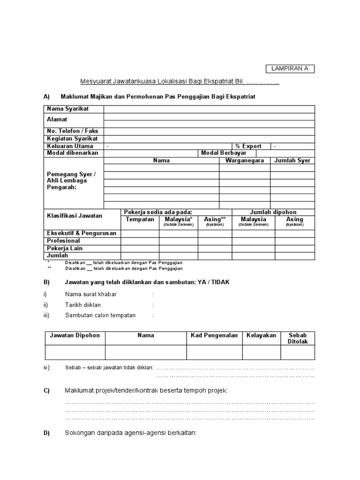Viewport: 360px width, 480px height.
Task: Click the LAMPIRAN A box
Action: [x=290, y=69]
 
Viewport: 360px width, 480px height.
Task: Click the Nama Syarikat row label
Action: [x=67, y=109]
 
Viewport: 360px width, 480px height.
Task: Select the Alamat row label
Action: [x=57, y=120]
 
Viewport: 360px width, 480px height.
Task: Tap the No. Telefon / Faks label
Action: [x=72, y=131]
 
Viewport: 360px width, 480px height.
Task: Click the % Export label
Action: [x=248, y=146]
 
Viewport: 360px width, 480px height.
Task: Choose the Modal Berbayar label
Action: [x=224, y=153]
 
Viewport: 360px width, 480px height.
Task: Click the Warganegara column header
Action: [x=244, y=160]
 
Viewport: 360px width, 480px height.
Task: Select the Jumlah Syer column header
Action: [x=292, y=160]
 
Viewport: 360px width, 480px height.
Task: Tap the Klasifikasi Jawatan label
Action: [x=75, y=216]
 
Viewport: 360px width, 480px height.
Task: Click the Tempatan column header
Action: [x=140, y=219]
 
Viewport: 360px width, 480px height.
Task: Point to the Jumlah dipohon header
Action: [x=273, y=212]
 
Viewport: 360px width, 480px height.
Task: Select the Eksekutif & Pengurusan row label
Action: [x=81, y=233]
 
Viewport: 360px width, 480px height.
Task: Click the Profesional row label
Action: [x=63, y=240]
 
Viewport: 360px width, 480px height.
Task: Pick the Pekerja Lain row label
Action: [x=64, y=248]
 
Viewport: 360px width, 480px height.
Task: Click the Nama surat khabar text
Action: [x=90, y=294]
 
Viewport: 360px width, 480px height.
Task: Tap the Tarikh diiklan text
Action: [x=83, y=305]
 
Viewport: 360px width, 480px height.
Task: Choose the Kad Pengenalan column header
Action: [x=214, y=336]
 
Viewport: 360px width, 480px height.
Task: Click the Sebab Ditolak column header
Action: [x=297, y=338]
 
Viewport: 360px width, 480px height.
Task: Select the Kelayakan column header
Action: [x=261, y=336]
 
